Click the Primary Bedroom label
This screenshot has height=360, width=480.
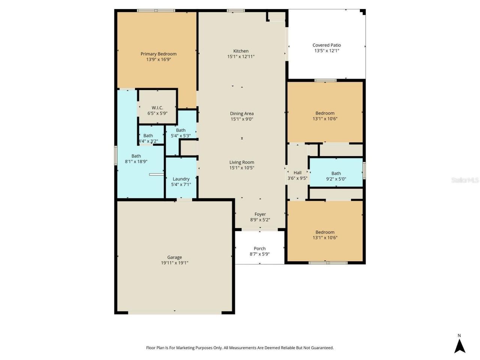coord(158,54)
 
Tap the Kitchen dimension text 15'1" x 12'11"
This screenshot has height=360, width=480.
coord(241,57)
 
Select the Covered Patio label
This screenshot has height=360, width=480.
coord(327,45)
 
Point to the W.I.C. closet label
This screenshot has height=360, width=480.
coord(157,108)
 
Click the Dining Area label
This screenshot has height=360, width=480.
coord(241,113)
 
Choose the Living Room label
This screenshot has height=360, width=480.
coord(241,162)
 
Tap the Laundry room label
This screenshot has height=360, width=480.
coord(181,179)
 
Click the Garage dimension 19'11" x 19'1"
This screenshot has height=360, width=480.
coord(174,263)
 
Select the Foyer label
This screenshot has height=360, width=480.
coord(260,214)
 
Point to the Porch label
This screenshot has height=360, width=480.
coord(259,248)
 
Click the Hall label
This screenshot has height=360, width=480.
coord(297,173)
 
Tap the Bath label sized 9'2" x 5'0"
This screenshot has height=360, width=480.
coord(336,173)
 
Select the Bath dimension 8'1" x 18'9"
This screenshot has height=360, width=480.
coord(136,162)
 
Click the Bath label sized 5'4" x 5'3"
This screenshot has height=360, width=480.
coord(181,130)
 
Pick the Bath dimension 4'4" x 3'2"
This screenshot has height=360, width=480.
coord(148,141)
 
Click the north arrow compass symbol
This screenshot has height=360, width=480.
coord(460,346)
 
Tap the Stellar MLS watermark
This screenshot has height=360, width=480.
coord(465,180)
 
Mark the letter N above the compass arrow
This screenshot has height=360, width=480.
coord(459,336)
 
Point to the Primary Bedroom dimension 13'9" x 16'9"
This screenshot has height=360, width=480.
coord(158,59)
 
